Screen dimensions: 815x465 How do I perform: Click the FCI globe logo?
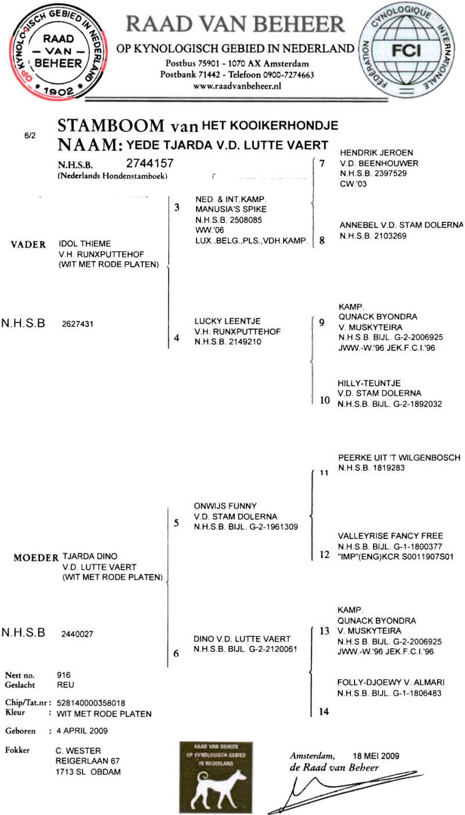click(410, 52)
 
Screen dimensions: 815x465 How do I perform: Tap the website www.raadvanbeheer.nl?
click(237, 85)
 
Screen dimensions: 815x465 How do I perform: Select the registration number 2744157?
click(149, 164)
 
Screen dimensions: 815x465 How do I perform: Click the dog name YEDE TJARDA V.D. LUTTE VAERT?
click(223, 145)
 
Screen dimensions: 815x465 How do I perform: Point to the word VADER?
click(28, 245)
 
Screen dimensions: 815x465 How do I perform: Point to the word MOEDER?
click(36, 558)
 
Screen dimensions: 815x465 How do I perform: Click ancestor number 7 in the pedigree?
click(322, 163)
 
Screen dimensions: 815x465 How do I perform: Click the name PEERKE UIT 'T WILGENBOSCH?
click(399, 457)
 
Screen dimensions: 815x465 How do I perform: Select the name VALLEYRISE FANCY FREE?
click(390, 536)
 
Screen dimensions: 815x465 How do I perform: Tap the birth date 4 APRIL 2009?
click(81, 730)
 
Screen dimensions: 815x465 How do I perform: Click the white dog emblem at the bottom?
click(216, 778)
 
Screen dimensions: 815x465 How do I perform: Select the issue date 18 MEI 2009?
click(375, 756)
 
